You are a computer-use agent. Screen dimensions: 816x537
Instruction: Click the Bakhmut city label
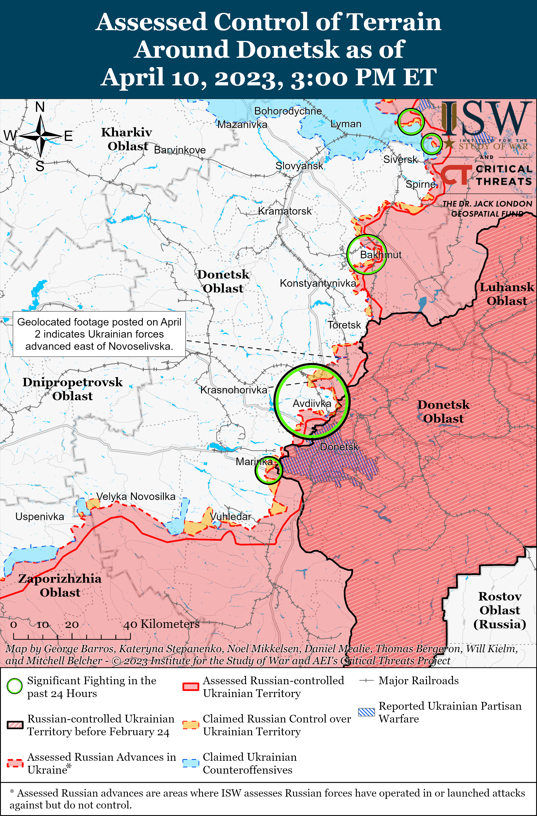(x=381, y=255)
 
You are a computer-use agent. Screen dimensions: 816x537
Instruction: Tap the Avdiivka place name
(x=312, y=404)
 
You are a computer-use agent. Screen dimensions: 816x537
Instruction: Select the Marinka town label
(x=254, y=462)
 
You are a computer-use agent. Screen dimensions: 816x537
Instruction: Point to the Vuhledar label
(x=230, y=516)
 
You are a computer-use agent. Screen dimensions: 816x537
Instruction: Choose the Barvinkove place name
(x=180, y=150)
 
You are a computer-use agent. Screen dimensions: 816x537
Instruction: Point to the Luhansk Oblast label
(x=506, y=294)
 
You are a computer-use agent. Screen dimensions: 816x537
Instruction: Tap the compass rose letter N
(x=40, y=107)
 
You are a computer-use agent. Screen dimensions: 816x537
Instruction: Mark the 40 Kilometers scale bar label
(x=161, y=624)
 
